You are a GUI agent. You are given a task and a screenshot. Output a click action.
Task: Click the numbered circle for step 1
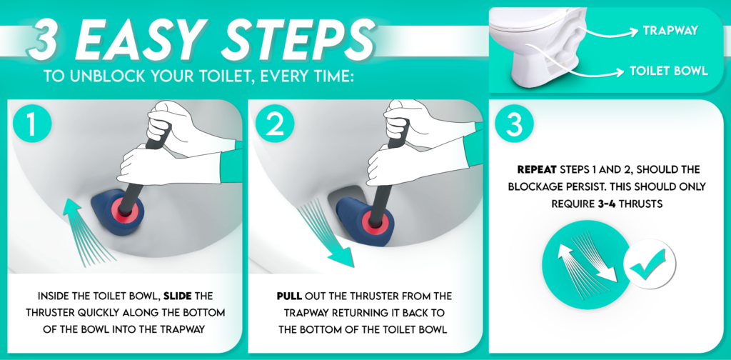pyautogui.click(x=31, y=124)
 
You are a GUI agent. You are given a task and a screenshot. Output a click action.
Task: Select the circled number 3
pyautogui.click(x=513, y=124)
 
